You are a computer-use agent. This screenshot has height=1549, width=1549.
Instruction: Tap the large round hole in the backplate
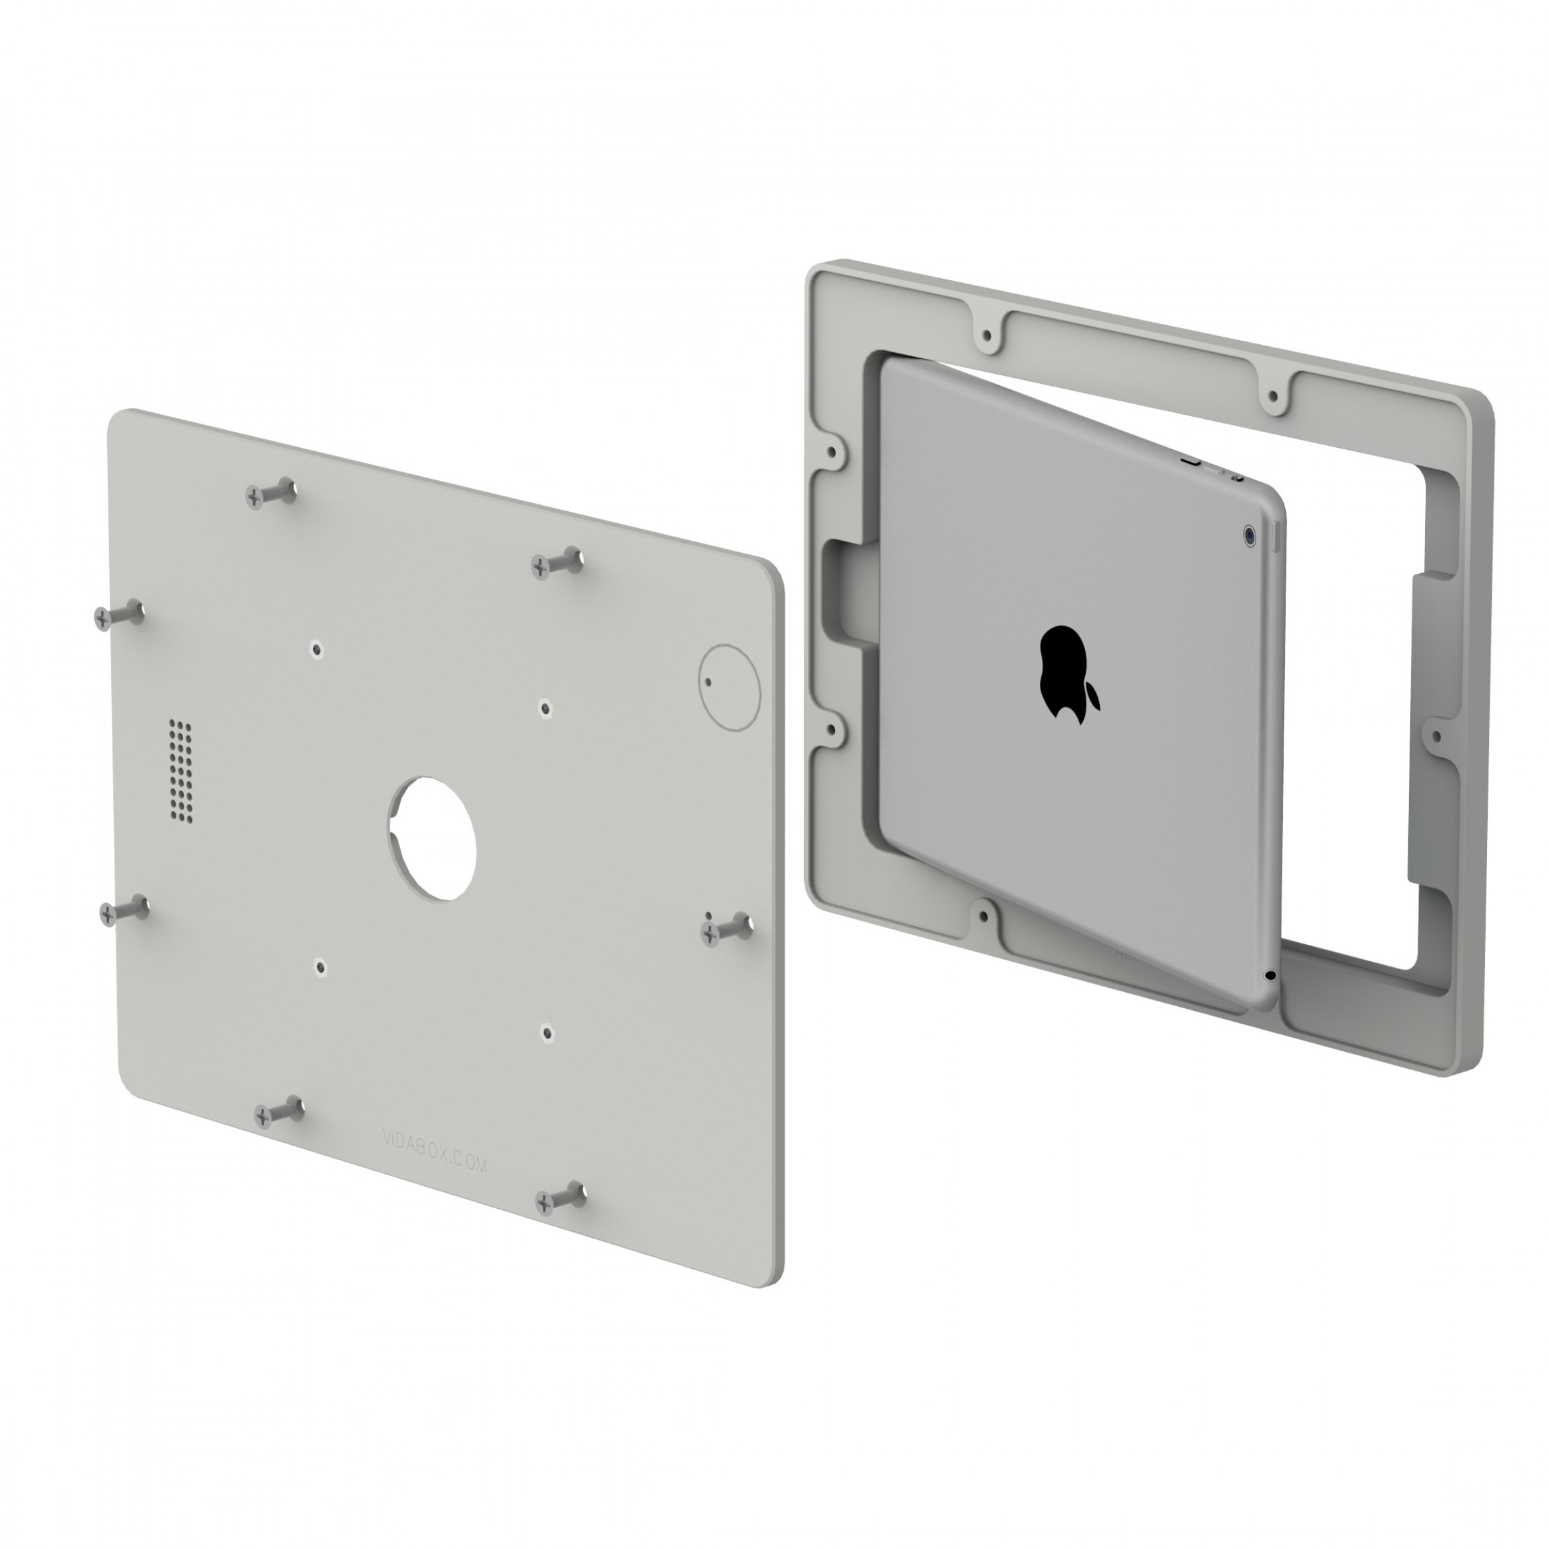(433, 838)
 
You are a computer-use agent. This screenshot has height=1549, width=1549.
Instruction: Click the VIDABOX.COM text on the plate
(434, 1150)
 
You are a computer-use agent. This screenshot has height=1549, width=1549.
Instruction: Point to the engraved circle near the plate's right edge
(729, 687)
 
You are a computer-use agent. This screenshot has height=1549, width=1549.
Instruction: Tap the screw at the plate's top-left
(270, 494)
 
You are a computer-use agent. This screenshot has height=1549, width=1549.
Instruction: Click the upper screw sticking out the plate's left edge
(117, 616)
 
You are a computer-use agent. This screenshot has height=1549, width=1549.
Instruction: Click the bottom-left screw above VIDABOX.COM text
(278, 1111)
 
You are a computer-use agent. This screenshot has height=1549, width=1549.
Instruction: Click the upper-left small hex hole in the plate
(317, 649)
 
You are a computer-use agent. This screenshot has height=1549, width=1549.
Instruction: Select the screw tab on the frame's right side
(1437, 735)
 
